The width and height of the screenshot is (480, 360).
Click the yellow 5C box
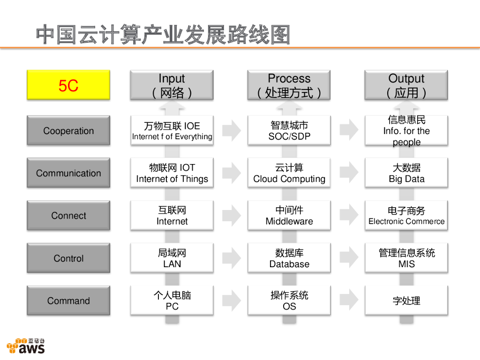click(68, 85)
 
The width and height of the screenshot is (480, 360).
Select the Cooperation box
click(68, 130)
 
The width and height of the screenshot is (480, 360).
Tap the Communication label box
click(68, 173)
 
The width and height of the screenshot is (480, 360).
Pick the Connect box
click(68, 216)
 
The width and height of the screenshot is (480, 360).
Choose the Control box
click(68, 258)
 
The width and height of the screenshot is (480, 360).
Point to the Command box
click(68, 300)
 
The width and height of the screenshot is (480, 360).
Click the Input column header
click(172, 85)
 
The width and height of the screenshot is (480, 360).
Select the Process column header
click(289, 85)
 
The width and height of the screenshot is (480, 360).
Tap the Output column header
click(406, 85)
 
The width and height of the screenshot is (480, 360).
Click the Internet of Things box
click(172, 173)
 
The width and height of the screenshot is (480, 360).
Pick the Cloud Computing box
click(289, 173)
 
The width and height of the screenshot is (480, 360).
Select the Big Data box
click(406, 173)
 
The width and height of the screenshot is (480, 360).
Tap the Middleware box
click(289, 216)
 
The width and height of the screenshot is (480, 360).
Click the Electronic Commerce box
click(406, 216)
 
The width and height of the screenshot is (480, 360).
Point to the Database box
click(289, 258)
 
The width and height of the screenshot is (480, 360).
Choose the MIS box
click(406, 258)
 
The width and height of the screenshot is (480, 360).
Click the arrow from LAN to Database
click(231, 258)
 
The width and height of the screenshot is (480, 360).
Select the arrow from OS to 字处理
click(348, 300)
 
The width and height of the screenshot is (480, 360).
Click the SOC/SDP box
click(289, 130)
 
